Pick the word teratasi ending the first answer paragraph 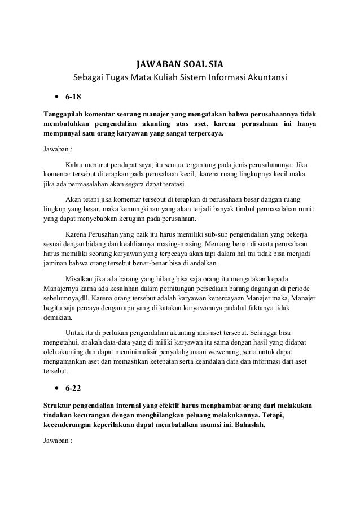coord(178,185)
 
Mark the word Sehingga coord(276,333)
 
